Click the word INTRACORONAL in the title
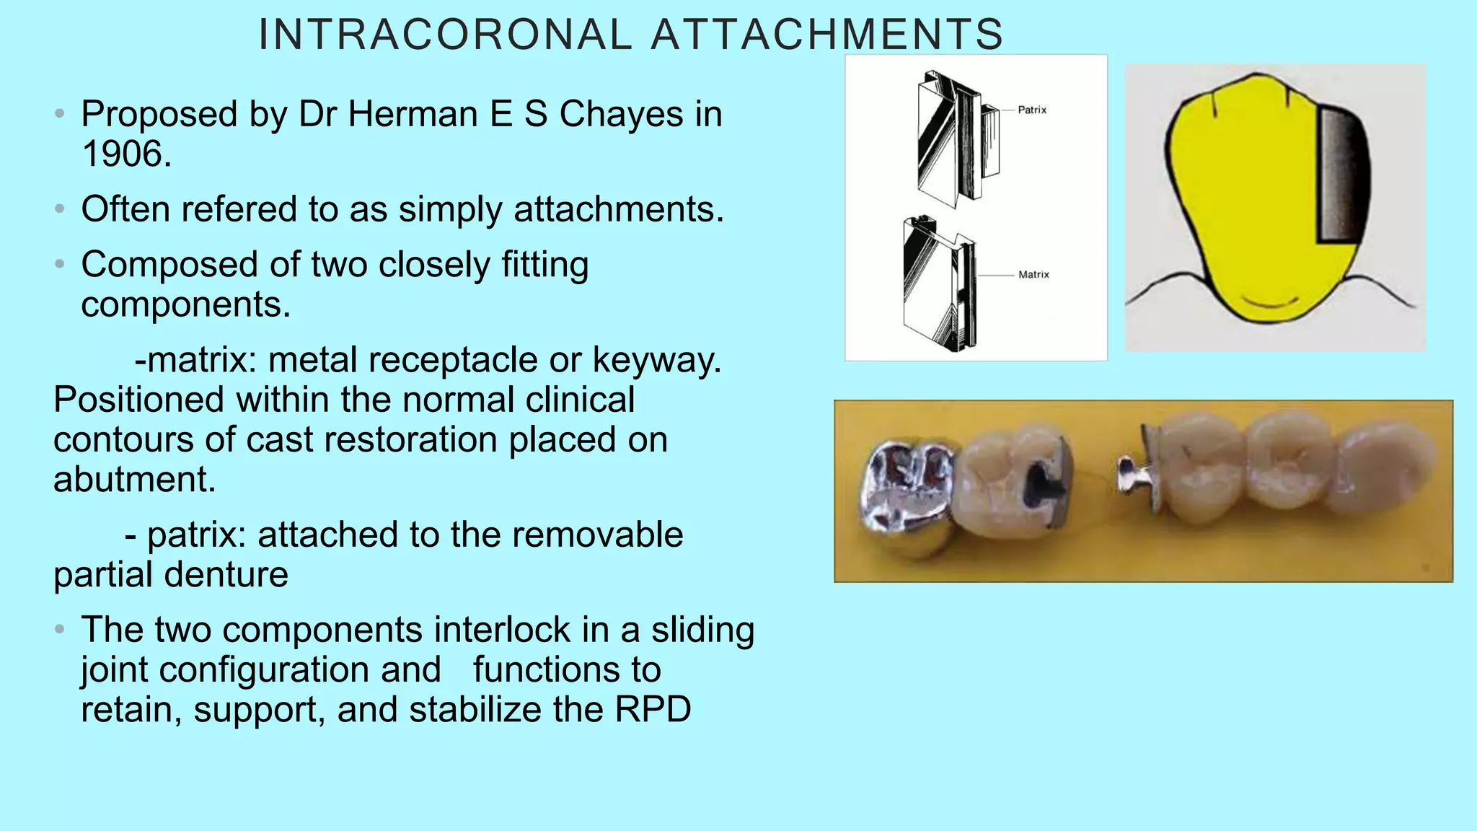445,35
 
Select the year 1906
125,154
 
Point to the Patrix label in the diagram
1031,110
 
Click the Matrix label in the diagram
1033,275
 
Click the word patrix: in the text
196,535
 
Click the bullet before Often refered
60,210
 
